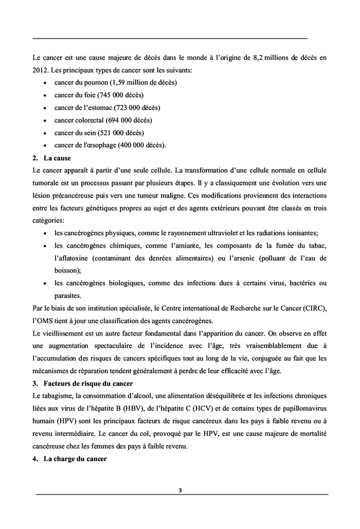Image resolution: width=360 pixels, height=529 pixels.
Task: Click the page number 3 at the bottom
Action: coord(179,490)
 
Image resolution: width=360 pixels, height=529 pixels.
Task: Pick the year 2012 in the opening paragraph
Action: coord(40,69)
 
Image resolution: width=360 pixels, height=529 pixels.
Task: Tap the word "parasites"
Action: coord(69,295)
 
